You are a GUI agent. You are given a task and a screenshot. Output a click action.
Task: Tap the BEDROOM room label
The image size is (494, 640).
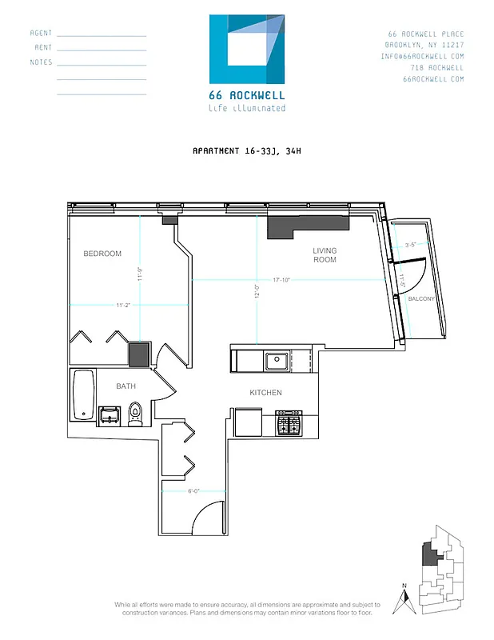tap(102, 254)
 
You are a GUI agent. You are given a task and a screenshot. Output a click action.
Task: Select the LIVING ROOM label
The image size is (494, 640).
tap(324, 255)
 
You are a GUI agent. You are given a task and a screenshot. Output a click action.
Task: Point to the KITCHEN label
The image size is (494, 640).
tap(265, 392)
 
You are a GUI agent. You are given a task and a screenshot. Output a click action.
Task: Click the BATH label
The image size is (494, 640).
tap(125, 386)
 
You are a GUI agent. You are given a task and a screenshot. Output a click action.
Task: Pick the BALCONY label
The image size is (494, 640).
tap(420, 298)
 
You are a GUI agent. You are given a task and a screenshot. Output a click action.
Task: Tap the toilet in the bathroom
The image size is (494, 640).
tap(135, 413)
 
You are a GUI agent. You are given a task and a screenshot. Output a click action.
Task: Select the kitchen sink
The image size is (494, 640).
tap(277, 361)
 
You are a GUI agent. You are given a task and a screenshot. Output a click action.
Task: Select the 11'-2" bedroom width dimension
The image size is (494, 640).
tap(124, 305)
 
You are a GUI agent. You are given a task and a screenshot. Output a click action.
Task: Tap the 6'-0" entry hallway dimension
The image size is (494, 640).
tap(194, 491)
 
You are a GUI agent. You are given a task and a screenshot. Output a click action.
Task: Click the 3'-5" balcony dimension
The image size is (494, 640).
tap(412, 245)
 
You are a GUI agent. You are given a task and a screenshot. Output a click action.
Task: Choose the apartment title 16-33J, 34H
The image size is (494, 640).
tap(245, 150)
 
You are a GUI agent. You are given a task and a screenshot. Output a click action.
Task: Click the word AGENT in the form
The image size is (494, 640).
tap(41, 34)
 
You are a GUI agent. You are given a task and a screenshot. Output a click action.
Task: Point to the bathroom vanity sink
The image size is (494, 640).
tap(108, 414)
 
